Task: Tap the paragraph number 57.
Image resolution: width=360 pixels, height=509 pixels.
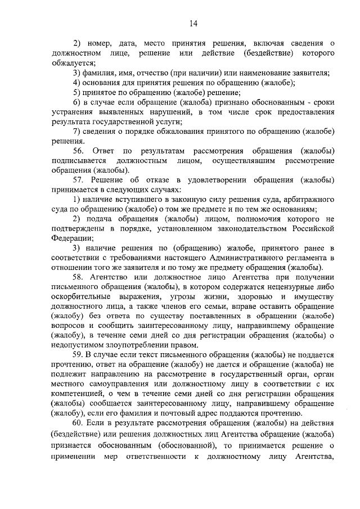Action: point(78,180)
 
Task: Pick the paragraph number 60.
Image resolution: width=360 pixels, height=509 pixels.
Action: point(78,422)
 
